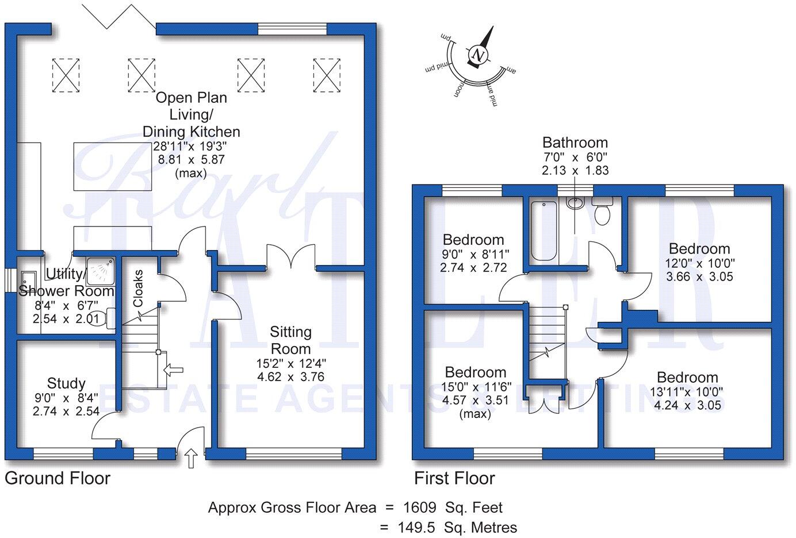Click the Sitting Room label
[x=291, y=340]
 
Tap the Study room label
[x=66, y=383]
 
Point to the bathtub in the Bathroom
[x=542, y=230]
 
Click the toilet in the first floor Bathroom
[x=602, y=211]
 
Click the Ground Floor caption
[x=58, y=478]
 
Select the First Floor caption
[x=454, y=478]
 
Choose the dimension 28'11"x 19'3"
[x=190, y=147]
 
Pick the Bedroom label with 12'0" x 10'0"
[x=699, y=249]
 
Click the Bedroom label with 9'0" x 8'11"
[x=473, y=240]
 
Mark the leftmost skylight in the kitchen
[x=66, y=74]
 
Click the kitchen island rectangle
[x=113, y=167]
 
